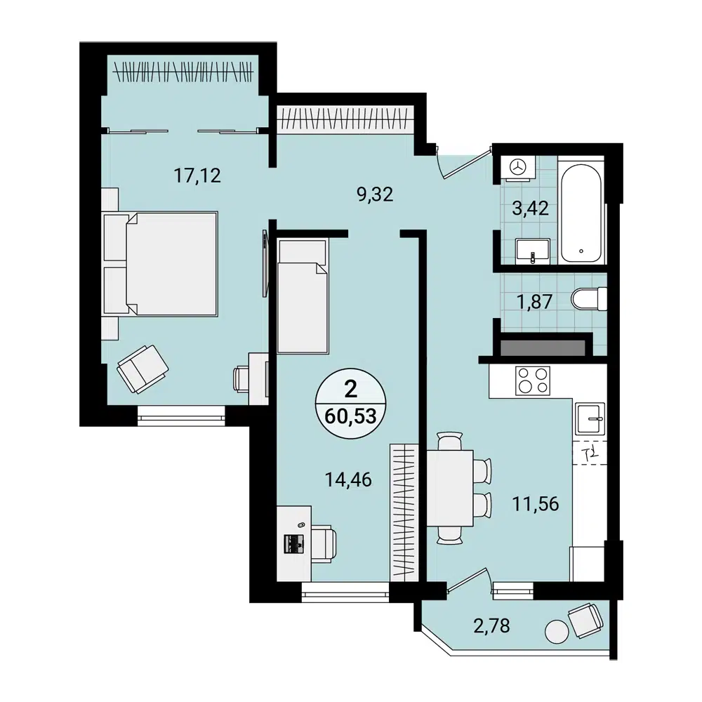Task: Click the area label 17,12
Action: click(x=197, y=175)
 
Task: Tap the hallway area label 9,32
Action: click(x=374, y=194)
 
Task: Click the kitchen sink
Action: click(x=589, y=420)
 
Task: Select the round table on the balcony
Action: click(x=557, y=631)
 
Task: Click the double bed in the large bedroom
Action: click(x=161, y=263)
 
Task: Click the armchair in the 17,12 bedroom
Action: click(x=143, y=369)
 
